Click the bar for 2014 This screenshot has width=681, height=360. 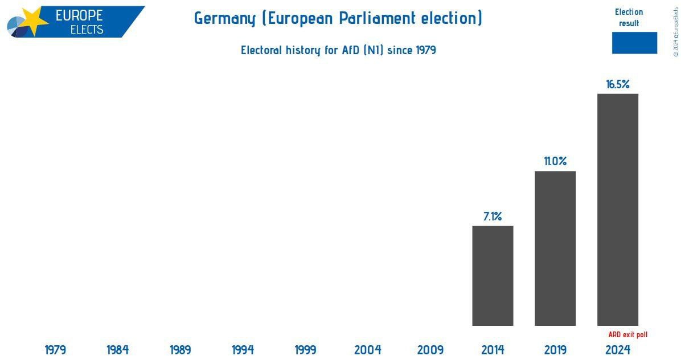coord(493,276)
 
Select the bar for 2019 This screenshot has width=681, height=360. coord(555,248)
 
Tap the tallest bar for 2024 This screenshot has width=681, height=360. coord(618,210)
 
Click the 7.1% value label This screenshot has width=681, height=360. coord(493,216)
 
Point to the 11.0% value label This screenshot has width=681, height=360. coord(555,162)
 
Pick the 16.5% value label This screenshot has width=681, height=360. coord(618,84)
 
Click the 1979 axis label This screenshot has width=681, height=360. coord(55,350)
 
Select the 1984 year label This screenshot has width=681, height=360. coord(118,350)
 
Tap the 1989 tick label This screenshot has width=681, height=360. coord(180,350)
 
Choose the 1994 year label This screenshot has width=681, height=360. coord(243,350)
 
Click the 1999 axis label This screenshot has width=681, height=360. coord(305,350)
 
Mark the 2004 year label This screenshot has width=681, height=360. coord(368,350)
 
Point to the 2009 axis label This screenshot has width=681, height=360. coord(430,350)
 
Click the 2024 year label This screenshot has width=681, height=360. coord(618,350)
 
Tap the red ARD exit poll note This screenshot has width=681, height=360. coord(628,335)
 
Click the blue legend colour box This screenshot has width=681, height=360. coord(634,43)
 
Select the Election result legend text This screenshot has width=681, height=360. coord(629,18)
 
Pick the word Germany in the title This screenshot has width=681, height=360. coord(225,18)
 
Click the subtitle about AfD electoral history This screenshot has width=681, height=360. coord(338,50)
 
